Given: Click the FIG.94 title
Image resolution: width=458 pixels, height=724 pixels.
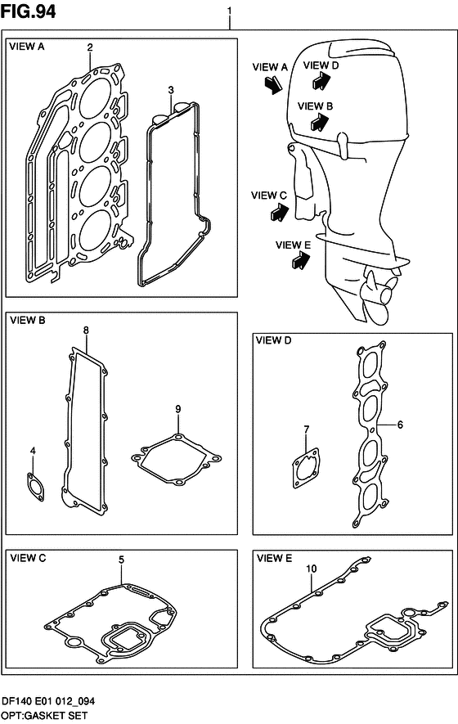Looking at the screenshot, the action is (28, 11).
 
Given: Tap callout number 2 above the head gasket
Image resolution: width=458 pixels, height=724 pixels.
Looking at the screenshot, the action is (90, 47).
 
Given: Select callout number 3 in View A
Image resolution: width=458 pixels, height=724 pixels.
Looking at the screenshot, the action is (171, 89).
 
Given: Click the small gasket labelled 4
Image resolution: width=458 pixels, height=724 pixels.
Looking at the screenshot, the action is (35, 487).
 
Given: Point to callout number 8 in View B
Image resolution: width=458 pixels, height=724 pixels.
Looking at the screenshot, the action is (86, 331).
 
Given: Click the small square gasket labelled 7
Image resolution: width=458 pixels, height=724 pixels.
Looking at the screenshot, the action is (306, 468).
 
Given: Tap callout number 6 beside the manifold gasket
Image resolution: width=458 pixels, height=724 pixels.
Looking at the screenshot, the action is (400, 425).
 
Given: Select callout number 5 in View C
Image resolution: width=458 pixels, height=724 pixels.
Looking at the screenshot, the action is (121, 560).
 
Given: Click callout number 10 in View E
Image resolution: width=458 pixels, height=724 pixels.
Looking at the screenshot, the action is (312, 569).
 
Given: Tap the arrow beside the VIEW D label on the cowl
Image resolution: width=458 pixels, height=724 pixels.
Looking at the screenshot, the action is (321, 80).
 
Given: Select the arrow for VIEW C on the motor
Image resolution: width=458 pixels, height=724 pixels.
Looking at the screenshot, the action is (280, 213).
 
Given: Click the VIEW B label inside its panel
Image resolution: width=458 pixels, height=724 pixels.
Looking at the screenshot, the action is (27, 320).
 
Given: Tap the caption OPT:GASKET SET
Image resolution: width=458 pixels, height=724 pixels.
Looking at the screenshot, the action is (44, 716).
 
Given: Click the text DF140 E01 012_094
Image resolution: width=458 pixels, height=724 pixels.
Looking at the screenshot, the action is (48, 701).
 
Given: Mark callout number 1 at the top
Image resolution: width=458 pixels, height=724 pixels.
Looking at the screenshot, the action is (230, 10).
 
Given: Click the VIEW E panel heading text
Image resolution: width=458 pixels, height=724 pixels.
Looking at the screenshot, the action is (274, 558).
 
